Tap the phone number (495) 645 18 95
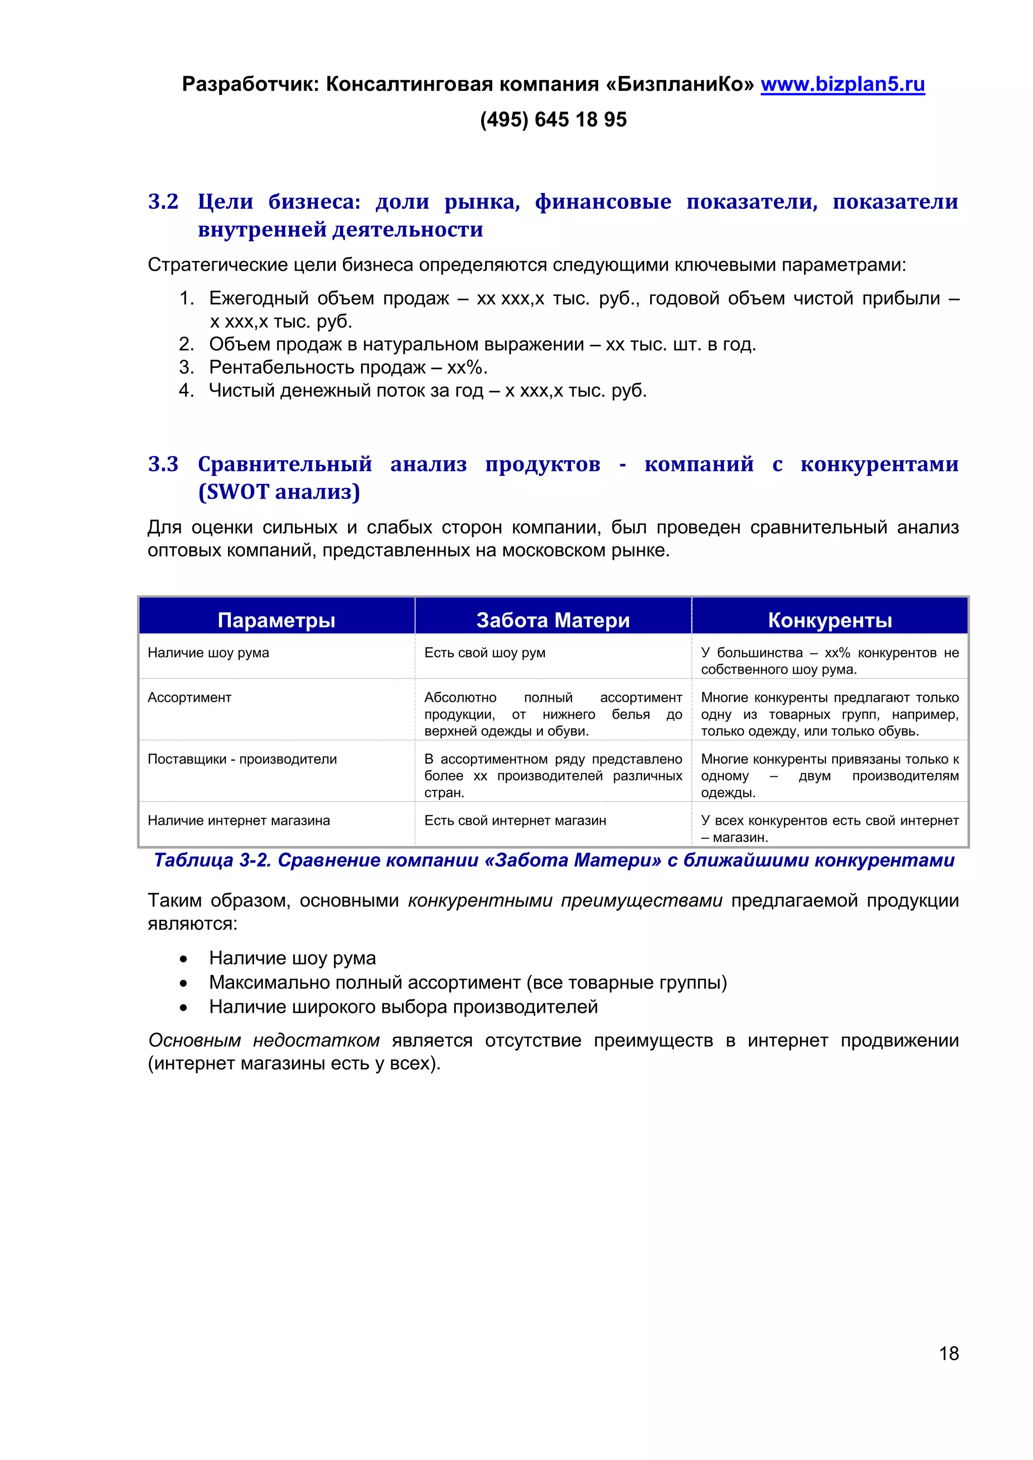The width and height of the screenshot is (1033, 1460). click(x=553, y=119)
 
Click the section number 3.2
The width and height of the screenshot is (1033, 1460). click(x=163, y=202)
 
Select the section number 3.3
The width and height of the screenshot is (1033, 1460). click(x=163, y=464)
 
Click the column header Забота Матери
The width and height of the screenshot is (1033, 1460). click(x=553, y=620)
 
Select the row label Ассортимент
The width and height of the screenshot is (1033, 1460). click(x=190, y=698)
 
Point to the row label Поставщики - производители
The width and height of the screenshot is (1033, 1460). click(x=242, y=759)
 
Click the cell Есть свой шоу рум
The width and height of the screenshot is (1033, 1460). click(x=485, y=652)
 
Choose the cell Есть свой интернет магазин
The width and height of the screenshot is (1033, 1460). click(x=514, y=820)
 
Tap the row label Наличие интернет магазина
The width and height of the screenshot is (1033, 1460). click(x=239, y=820)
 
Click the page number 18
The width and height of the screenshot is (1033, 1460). click(x=948, y=1353)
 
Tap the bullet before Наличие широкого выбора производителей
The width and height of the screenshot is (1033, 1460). click(x=183, y=1008)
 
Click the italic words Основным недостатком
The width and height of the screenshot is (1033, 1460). click(x=263, y=1041)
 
